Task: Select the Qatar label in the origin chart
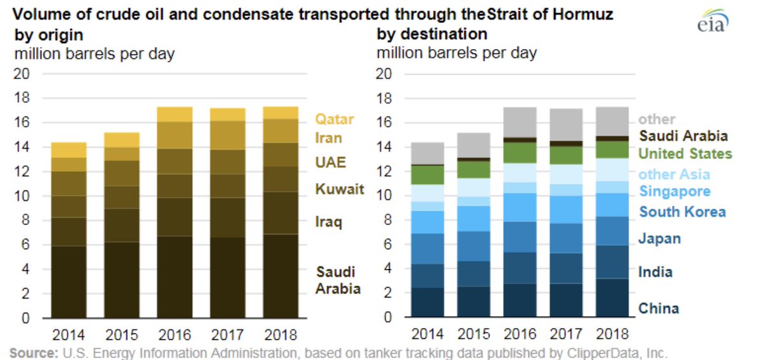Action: coord(335,119)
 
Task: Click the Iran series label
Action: coord(329,138)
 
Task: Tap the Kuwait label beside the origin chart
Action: coord(340,189)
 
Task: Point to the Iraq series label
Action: coord(329,222)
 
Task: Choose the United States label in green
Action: coord(685,154)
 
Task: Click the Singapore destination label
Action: coord(674,192)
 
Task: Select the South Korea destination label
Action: coord(683,212)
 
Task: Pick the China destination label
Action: coord(659,308)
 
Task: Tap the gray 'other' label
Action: coord(657,119)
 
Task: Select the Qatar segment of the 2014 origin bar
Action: coord(68,150)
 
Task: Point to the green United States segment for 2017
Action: coord(565,155)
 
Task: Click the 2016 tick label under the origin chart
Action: coord(174,334)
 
